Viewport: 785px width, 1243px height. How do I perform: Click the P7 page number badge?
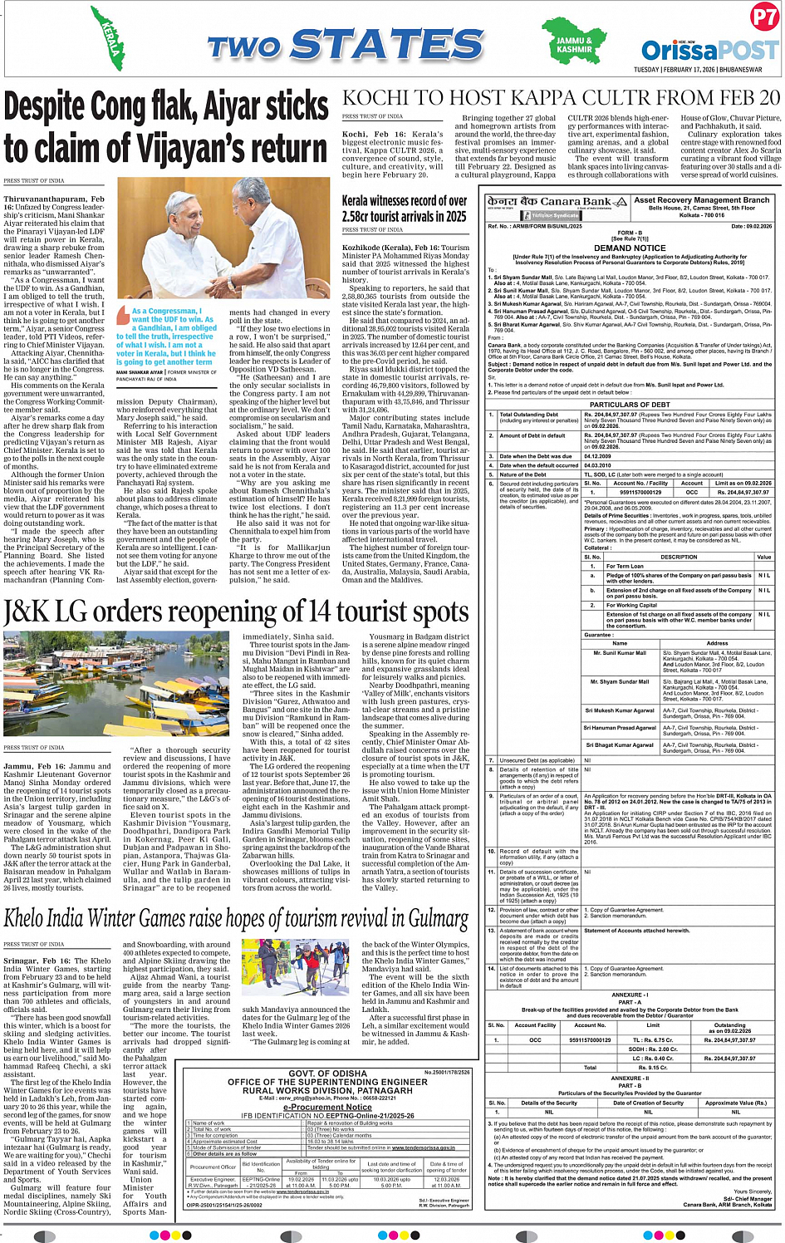763,17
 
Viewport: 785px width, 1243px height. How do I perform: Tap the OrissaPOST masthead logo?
709,49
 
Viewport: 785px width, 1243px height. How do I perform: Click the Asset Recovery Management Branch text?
701,200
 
